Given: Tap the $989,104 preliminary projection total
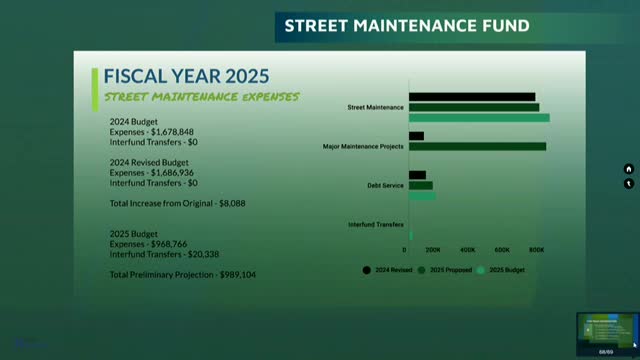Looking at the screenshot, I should pyautogui.click(x=238, y=274).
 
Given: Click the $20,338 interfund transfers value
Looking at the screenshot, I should pyautogui.click(x=198, y=254).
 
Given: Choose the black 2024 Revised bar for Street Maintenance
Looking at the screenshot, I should pyautogui.click(x=471, y=97).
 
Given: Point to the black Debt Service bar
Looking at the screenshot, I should pyautogui.click(x=417, y=175).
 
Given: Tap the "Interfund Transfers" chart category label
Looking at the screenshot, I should pyautogui.click(x=376, y=224).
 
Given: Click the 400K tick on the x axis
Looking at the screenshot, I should pyautogui.click(x=469, y=249).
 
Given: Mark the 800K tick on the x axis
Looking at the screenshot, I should pyautogui.click(x=536, y=249).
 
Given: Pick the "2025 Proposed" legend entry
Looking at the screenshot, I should pyautogui.click(x=439, y=269).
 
